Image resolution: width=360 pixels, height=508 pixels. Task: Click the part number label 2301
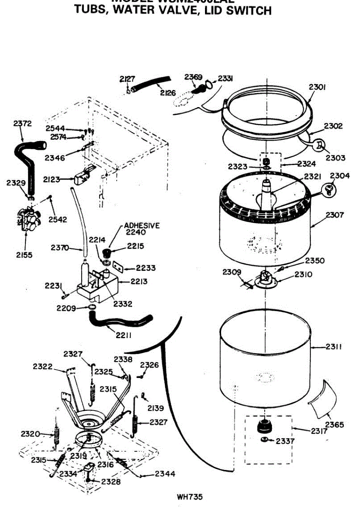coord(317,87)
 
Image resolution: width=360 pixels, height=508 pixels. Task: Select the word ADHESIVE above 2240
coord(142,226)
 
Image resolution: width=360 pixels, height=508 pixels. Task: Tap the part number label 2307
coord(335,215)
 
